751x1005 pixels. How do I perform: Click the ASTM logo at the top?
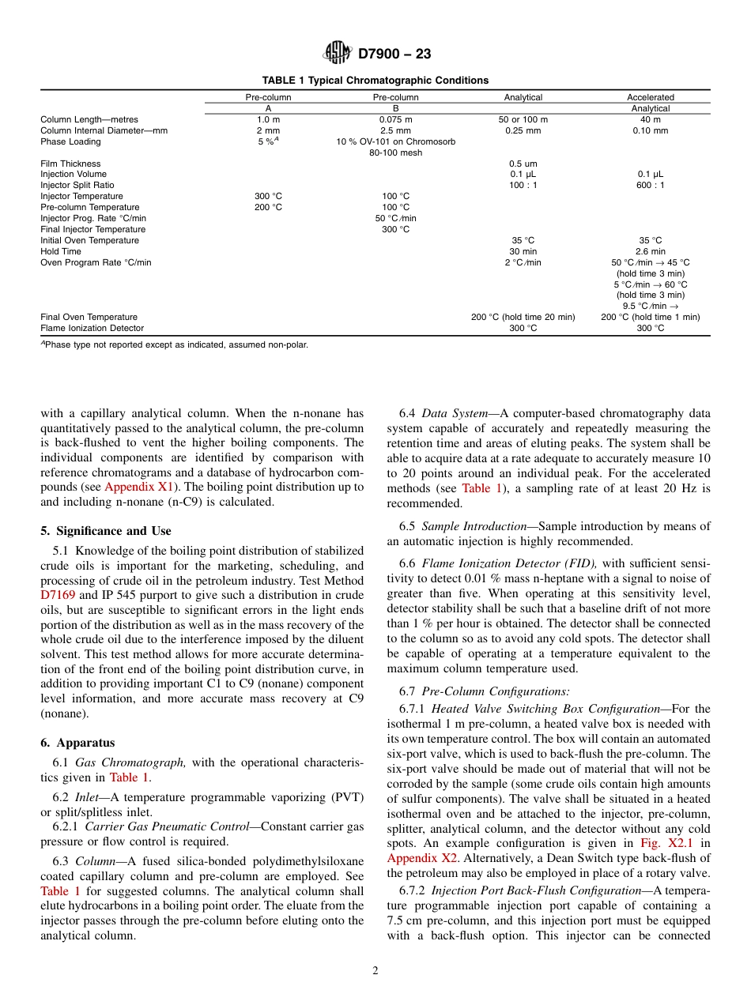coord(338,54)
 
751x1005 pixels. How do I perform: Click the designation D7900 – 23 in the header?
coord(394,55)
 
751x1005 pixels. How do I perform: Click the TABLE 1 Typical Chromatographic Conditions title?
coord(375,81)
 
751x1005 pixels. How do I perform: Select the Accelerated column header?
coord(651,97)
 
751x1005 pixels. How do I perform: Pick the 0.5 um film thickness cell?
coord(523,164)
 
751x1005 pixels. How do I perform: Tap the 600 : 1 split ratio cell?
coord(651,185)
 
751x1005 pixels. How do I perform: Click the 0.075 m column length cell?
coord(395,119)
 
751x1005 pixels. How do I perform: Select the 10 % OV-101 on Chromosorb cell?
coord(395,141)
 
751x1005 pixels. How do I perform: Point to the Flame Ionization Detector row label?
coord(92,328)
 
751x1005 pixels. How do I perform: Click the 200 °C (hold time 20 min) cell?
coord(523,317)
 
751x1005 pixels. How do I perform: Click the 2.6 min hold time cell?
coord(651,251)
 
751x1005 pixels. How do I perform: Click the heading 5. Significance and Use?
coord(106,531)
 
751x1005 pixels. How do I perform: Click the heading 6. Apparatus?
coord(77,743)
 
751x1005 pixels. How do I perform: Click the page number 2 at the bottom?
coord(375,971)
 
